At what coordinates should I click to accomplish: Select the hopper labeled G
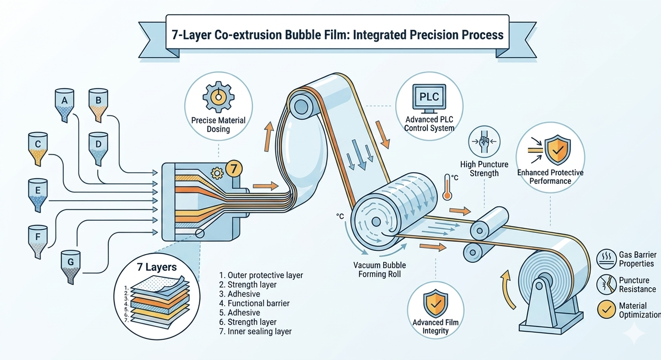coord(71,266)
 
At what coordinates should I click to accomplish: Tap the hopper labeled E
coord(38,194)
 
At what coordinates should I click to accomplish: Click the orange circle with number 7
coord(233,169)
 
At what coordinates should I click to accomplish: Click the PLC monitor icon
coord(429,97)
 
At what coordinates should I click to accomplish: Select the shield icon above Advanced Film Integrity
coord(435,303)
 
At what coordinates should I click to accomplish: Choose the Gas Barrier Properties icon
coord(606,259)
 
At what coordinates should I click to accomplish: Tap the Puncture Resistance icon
coord(606,284)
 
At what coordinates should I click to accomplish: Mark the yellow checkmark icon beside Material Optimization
coord(606,310)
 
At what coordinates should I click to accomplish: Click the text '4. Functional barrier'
coord(254,303)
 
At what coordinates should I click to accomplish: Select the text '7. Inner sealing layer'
coord(255,331)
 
